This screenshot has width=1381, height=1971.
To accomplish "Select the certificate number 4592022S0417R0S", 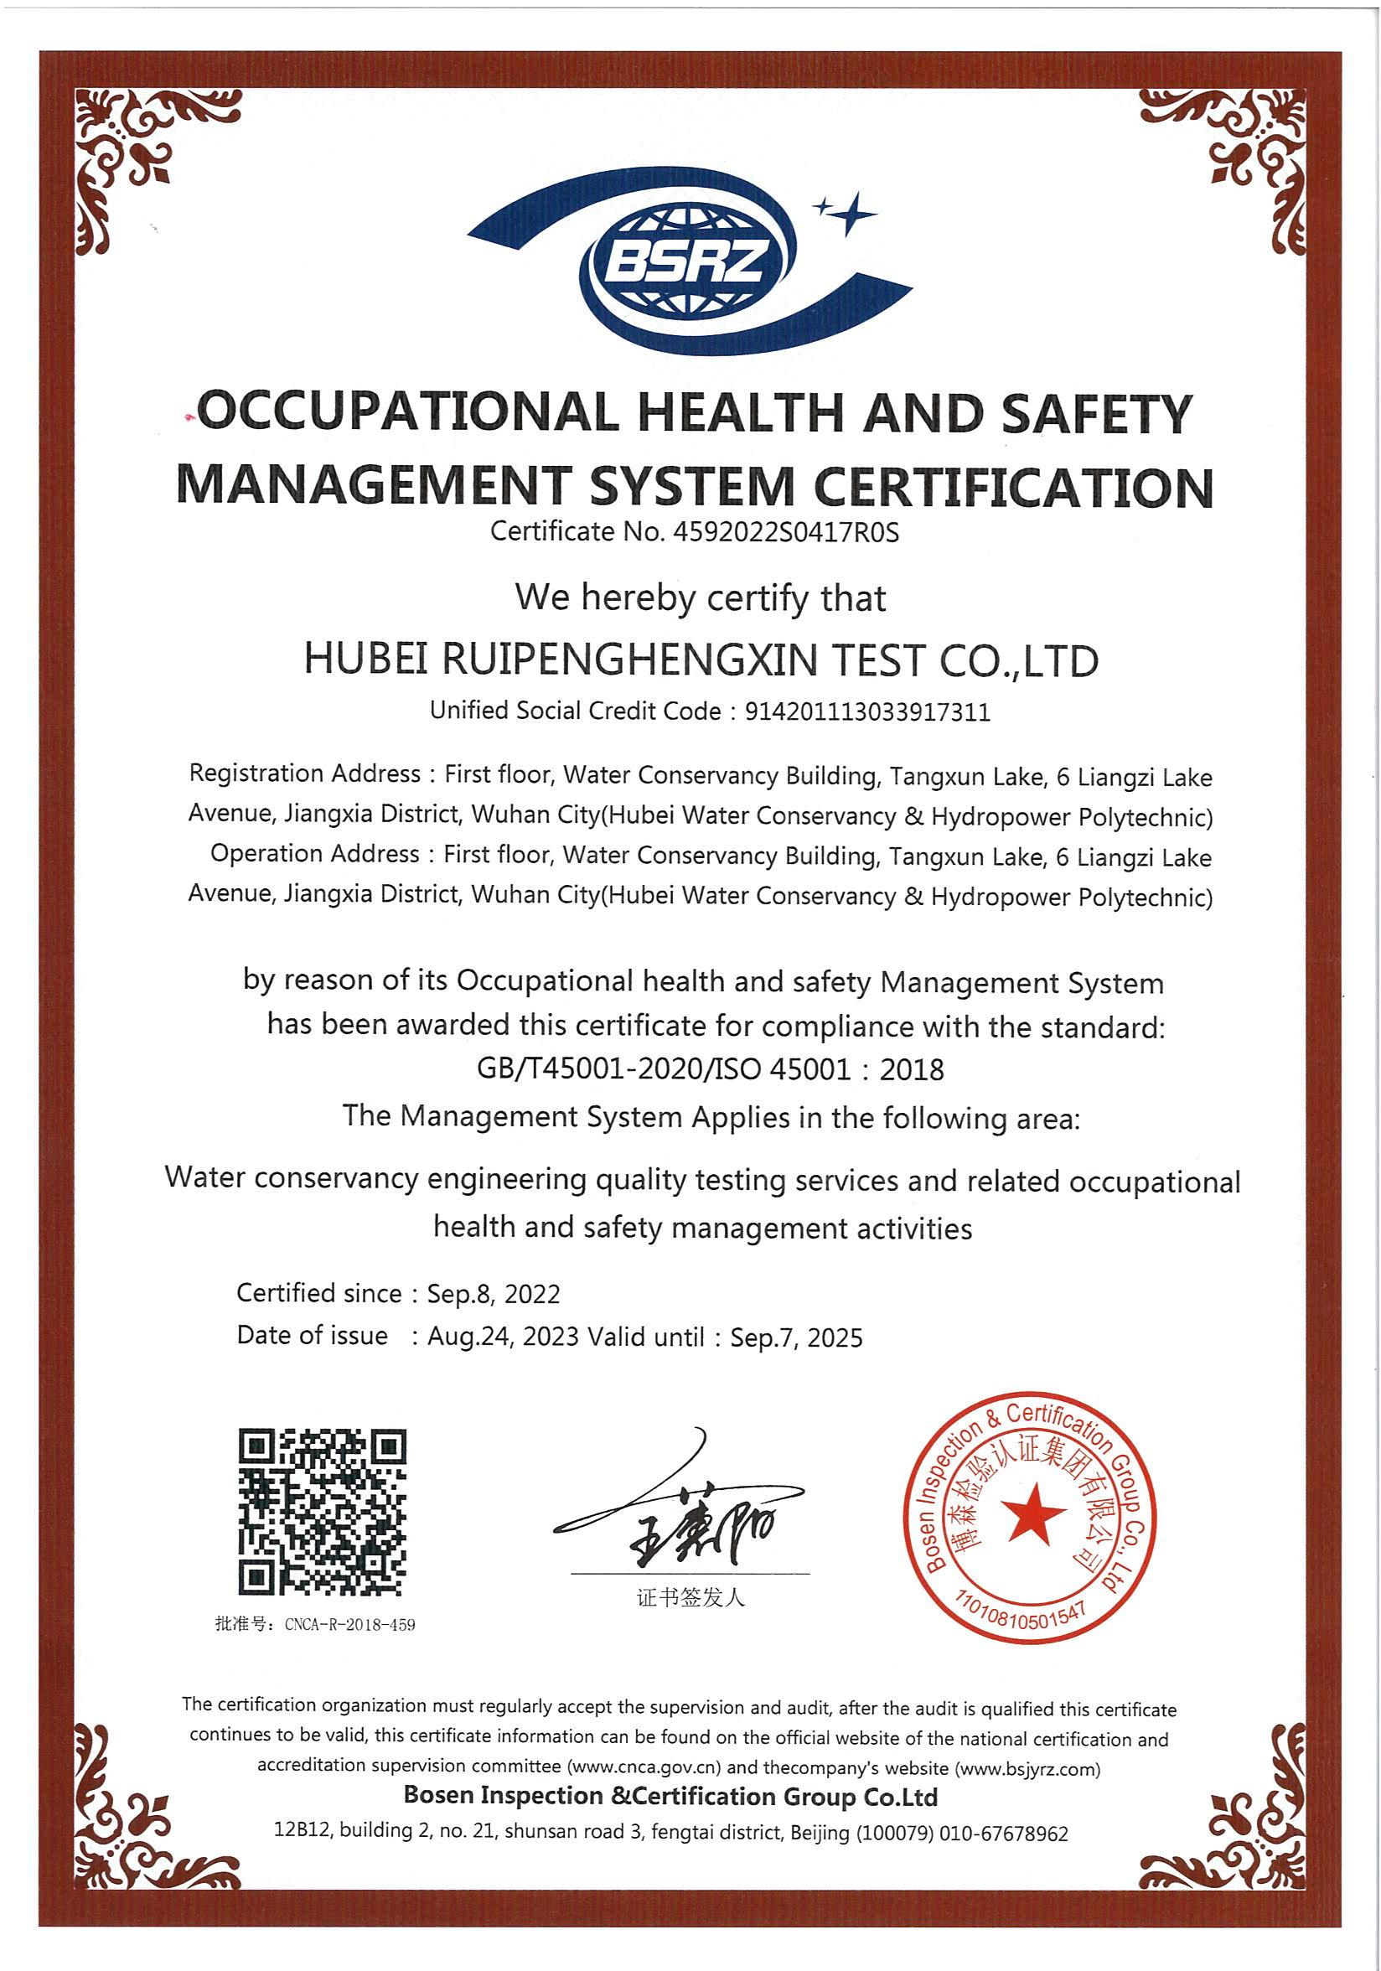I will tap(787, 532).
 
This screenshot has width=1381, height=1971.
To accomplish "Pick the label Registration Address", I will tap(304, 773).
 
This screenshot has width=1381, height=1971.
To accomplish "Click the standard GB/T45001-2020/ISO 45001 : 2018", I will tap(710, 1069).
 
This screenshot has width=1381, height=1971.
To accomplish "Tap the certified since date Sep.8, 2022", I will tap(494, 1294).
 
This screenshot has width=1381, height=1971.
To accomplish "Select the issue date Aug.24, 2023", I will tap(503, 1337).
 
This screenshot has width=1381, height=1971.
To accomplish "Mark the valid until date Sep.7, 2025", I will tap(796, 1337).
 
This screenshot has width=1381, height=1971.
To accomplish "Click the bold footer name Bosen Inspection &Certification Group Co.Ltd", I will tap(670, 1797).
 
